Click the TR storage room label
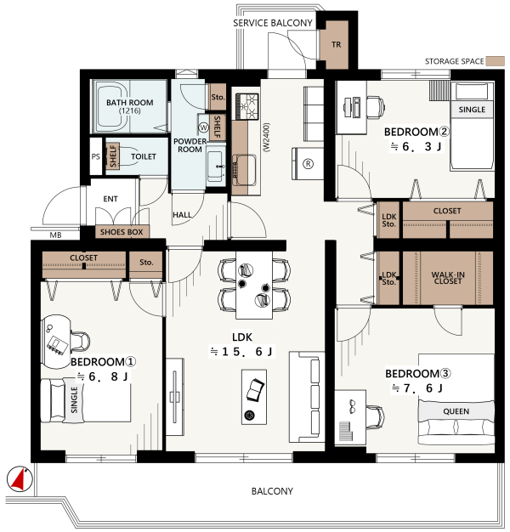click(336, 44)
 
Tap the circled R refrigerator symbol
click(308, 164)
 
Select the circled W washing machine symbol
click(203, 127)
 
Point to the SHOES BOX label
click(122, 232)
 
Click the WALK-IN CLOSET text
click(448, 278)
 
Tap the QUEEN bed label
click(456, 411)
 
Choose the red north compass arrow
click(19, 479)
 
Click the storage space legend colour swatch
click(495, 61)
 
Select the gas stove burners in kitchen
click(247, 106)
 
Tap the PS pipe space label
click(96, 156)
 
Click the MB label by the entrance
click(55, 235)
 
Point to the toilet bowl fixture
click(127, 156)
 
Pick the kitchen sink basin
click(244, 170)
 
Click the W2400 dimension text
click(266, 137)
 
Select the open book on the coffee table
click(255, 390)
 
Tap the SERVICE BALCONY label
click(273, 23)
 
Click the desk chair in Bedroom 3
click(375, 417)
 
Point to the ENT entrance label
click(110, 199)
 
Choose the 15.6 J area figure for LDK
click(241, 352)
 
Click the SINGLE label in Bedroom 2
click(472, 110)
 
